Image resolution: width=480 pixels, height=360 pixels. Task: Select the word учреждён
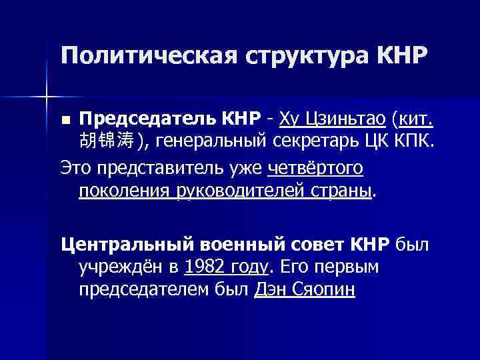click(x=121, y=267)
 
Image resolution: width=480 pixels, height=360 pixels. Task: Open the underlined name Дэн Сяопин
click(x=305, y=290)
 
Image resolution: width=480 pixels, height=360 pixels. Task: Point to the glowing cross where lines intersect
click(x=47, y=97)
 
